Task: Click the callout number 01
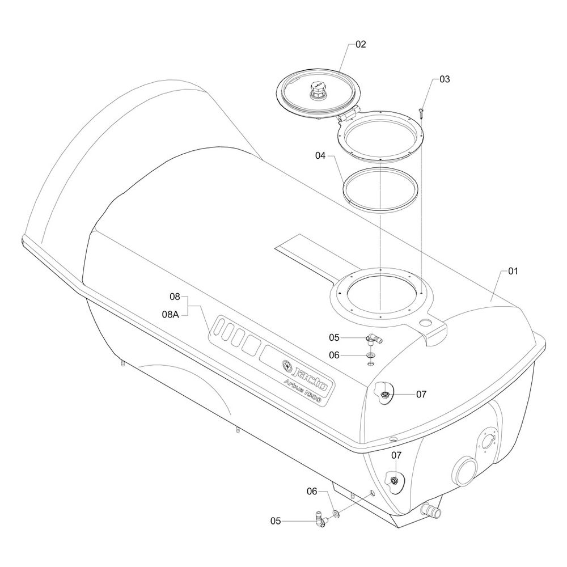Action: click(x=513, y=271)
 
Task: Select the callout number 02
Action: click(x=361, y=44)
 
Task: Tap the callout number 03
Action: click(x=445, y=79)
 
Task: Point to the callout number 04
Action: click(x=320, y=155)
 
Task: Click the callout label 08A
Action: click(x=170, y=314)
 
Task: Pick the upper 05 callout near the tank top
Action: click(x=334, y=337)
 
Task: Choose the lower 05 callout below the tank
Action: click(x=276, y=521)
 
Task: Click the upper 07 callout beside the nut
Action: click(x=421, y=394)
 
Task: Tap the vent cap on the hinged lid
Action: click(x=318, y=90)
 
